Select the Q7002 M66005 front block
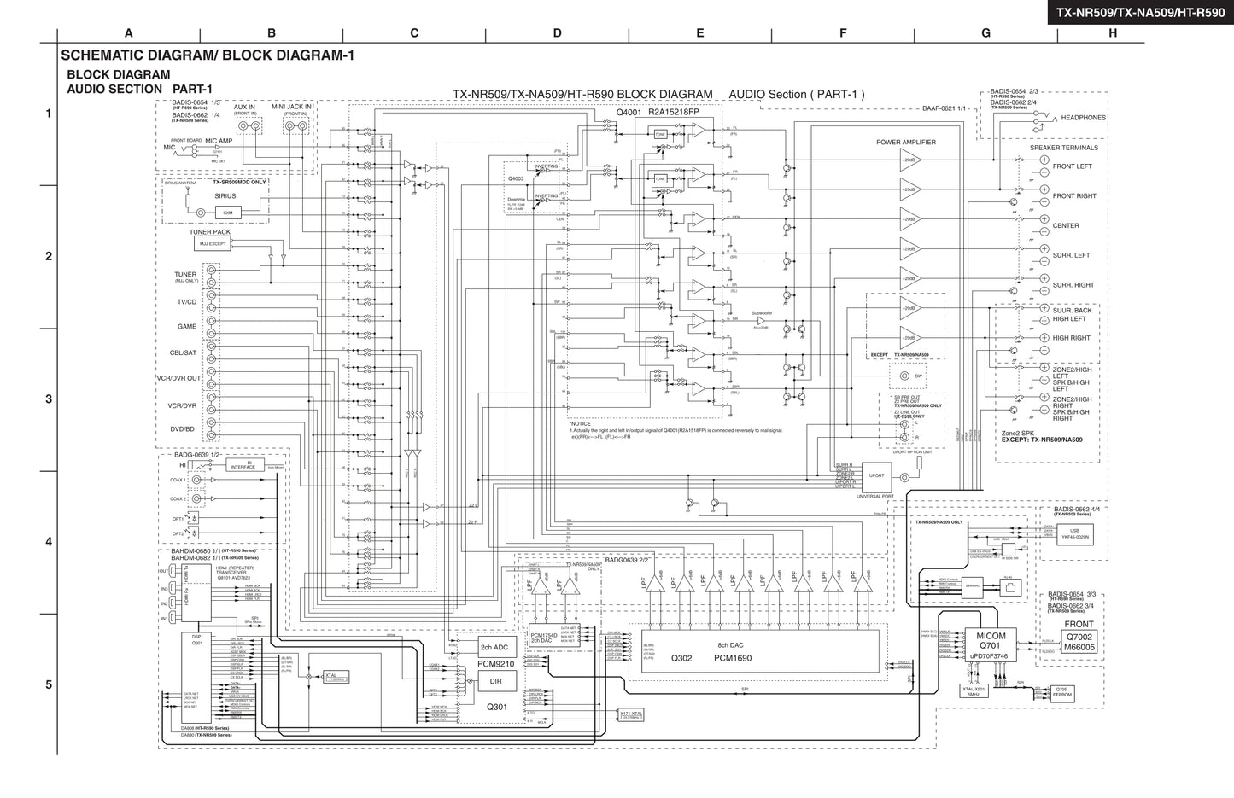(x=1079, y=642)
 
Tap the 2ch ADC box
(x=494, y=648)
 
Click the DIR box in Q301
(x=495, y=681)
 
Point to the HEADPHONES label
(x=1083, y=118)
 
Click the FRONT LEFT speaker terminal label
(x=1072, y=166)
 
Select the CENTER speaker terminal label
(x=1066, y=226)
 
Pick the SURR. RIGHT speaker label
(x=1073, y=285)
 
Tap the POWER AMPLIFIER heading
(x=905, y=143)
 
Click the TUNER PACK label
(x=209, y=232)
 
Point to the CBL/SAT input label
(x=183, y=352)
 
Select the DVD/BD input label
(x=183, y=429)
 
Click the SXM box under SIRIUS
(x=227, y=213)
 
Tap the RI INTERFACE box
(x=243, y=465)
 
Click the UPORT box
(x=876, y=476)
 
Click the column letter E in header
(x=699, y=33)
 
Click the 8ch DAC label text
(x=730, y=645)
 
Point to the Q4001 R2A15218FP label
(x=657, y=112)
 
